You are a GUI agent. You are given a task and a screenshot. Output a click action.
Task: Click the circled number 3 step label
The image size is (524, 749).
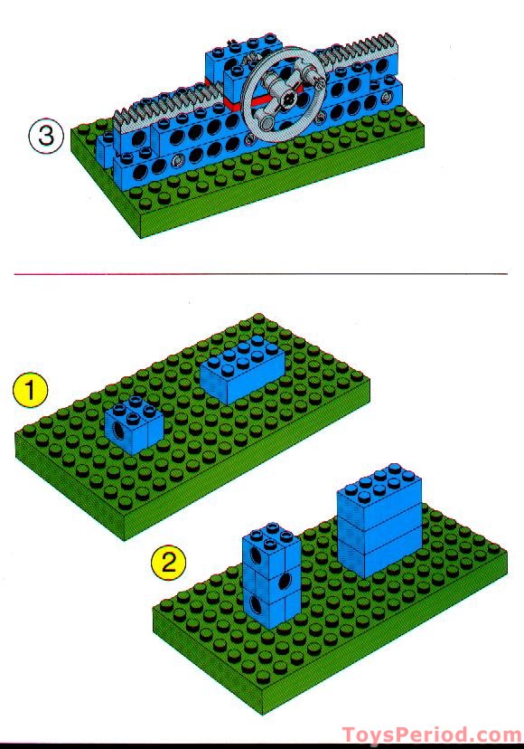[x=46, y=138]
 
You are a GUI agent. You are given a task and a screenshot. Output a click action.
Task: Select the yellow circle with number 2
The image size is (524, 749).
[x=168, y=564]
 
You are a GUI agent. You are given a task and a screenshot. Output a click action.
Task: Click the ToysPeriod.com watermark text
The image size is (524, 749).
[x=431, y=735]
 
